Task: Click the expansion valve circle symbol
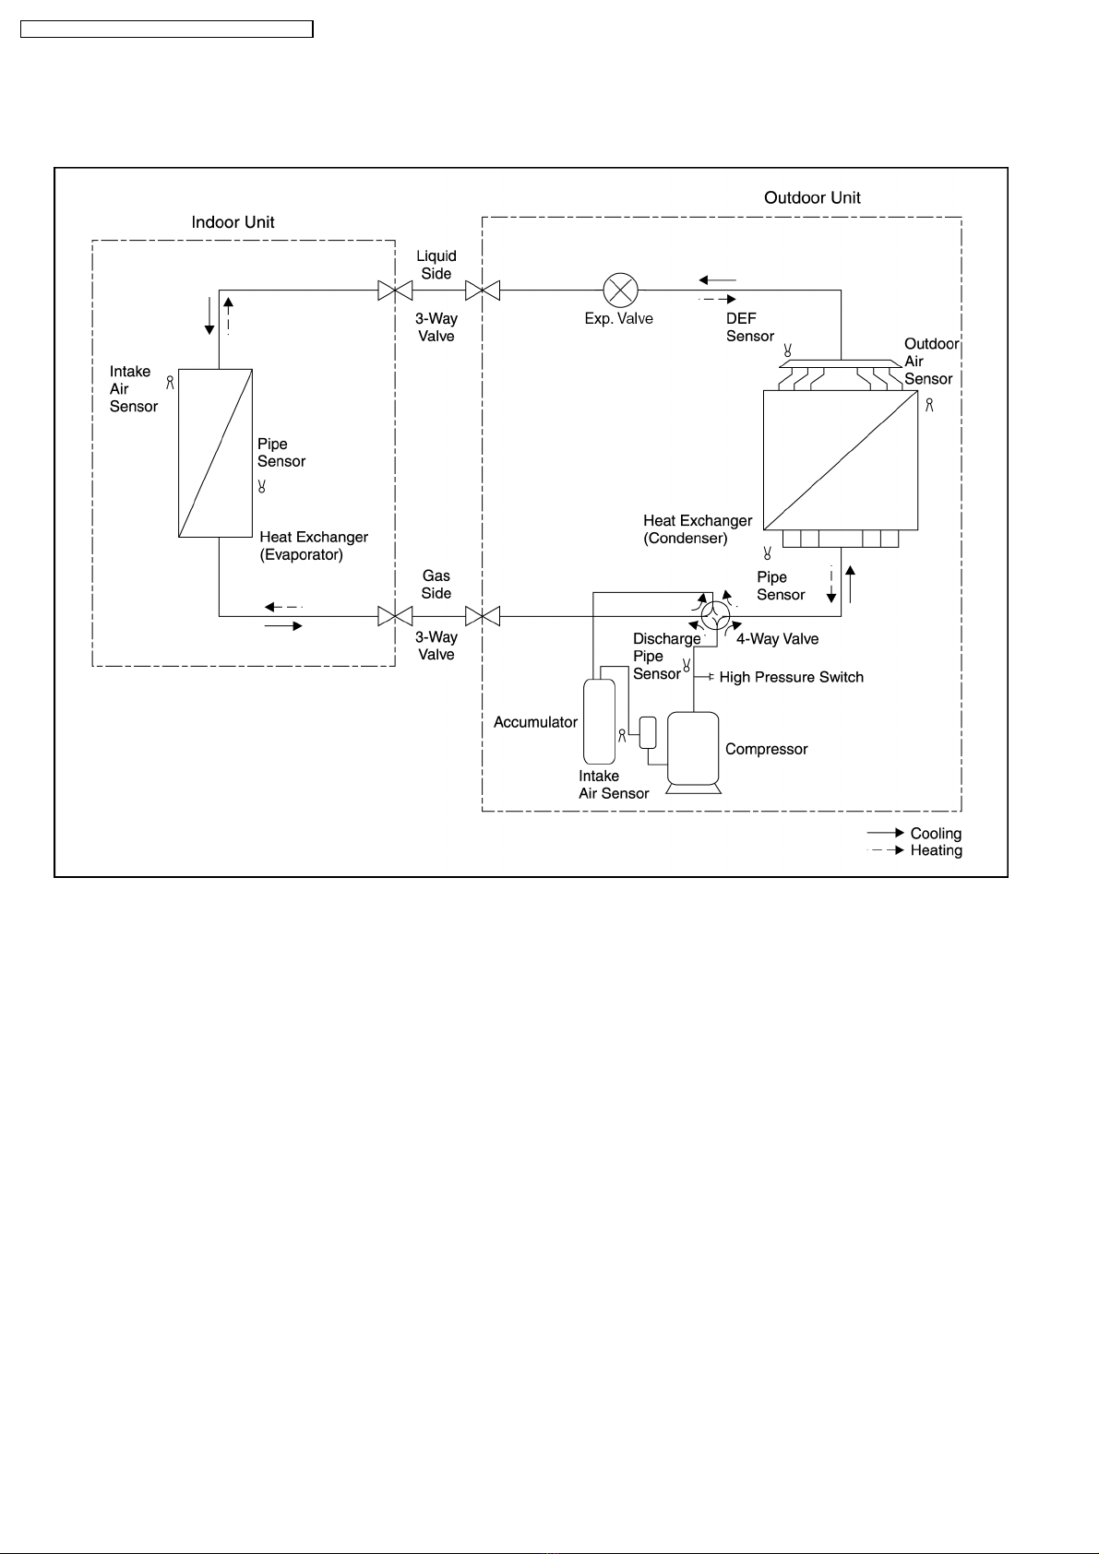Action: tap(621, 290)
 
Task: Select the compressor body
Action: tap(693, 749)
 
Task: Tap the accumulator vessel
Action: tap(599, 721)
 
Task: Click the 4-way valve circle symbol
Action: tap(715, 615)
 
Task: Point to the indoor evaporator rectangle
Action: tap(215, 453)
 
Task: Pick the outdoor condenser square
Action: tap(841, 460)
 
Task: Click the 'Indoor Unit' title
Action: tap(233, 222)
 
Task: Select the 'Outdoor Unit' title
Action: tap(812, 197)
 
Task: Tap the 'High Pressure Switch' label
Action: tap(792, 677)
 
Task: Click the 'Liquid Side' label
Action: tap(436, 265)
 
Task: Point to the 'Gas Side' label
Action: tap(436, 584)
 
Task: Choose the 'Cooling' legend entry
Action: tap(936, 833)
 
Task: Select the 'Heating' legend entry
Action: tap(937, 850)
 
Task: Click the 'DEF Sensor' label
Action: tap(750, 327)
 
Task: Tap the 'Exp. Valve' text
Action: tap(618, 318)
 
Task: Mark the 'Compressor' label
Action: tap(767, 749)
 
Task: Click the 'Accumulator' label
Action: tap(535, 722)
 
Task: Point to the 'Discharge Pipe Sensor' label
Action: tap(666, 657)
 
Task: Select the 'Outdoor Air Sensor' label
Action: tap(931, 362)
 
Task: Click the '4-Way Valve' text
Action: tap(778, 639)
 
